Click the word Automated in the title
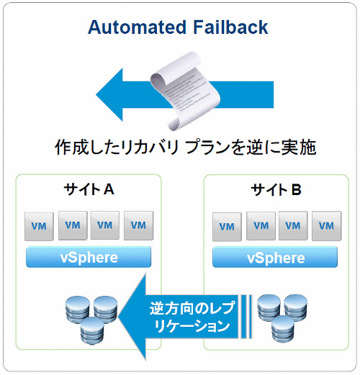(137, 27)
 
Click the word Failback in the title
(230, 27)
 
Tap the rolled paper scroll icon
(185, 91)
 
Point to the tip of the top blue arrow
(96, 94)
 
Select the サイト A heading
(89, 189)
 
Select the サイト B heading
(276, 190)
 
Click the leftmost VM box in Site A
(39, 226)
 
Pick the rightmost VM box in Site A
(138, 225)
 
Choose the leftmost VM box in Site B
(227, 227)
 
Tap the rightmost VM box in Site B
(327, 226)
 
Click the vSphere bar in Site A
(89, 257)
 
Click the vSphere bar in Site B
(275, 257)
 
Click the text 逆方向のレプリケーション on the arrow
(192, 317)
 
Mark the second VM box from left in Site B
(261, 226)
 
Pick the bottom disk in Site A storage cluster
(92, 331)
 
